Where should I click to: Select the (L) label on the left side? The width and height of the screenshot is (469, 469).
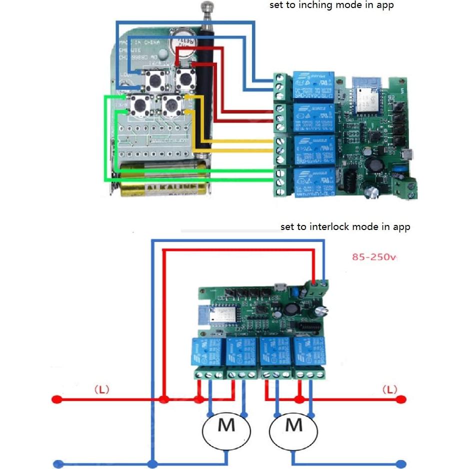click(101, 389)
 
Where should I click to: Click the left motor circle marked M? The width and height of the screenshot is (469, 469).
click(226, 426)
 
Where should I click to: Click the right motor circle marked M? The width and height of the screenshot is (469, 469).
click(293, 426)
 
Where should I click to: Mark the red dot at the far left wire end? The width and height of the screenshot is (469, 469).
click(57, 399)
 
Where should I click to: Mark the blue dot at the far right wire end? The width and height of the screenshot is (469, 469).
click(400, 463)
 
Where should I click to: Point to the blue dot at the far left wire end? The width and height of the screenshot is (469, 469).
click(57, 463)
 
